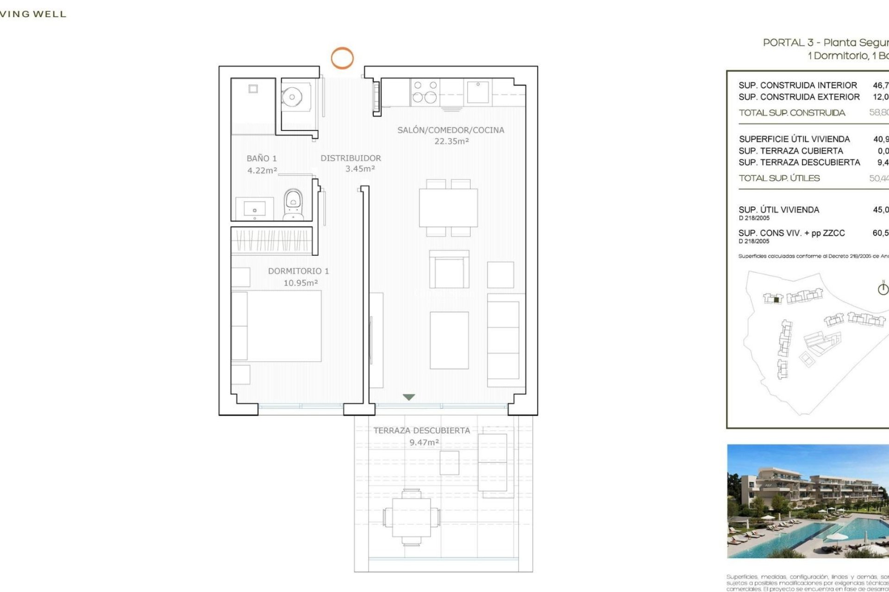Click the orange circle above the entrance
pyautogui.click(x=342, y=58)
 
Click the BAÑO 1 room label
pyautogui.click(x=262, y=158)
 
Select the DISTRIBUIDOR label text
pyautogui.click(x=351, y=158)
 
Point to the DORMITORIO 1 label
pyautogui.click(x=298, y=271)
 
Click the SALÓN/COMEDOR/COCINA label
pyautogui.click(x=451, y=130)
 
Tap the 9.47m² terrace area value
pyautogui.click(x=424, y=443)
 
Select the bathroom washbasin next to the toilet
pyautogui.click(x=254, y=209)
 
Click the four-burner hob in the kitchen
pyautogui.click(x=425, y=92)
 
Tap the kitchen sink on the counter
pyautogui.click(x=478, y=92)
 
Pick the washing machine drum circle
pyautogui.click(x=292, y=97)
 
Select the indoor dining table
pyautogui.click(x=448, y=208)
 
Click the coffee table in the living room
pyautogui.click(x=449, y=340)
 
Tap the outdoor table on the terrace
pyautogui.click(x=411, y=517)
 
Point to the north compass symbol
pyautogui.click(x=883, y=289)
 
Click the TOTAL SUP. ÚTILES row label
pyautogui.click(x=779, y=179)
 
